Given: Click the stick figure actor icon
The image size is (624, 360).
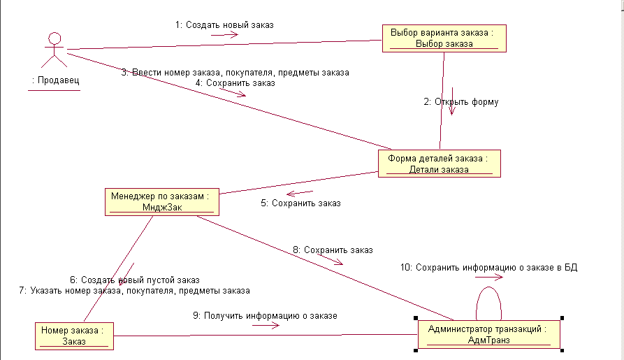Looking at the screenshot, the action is pos(53,49).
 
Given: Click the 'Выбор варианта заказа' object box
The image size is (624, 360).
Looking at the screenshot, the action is pos(443,38).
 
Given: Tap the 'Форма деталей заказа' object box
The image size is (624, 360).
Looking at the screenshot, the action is pos(439,164).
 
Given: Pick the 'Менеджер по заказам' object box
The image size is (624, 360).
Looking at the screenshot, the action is pos(160,201).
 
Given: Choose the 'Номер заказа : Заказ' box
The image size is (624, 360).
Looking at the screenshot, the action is pos(73,336).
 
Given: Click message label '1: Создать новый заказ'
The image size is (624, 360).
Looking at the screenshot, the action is pos(224,24).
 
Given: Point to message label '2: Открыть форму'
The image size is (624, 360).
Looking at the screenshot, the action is pos(461,102).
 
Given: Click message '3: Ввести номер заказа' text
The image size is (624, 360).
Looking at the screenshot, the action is pos(235,72).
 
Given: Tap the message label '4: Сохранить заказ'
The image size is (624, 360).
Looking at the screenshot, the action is pos(235,82).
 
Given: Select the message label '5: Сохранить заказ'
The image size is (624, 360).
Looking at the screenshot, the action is pos(300,203).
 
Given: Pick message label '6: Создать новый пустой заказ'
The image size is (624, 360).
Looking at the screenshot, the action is pos(134,280).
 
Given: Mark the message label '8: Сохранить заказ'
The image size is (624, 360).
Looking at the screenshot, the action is pos(333,250).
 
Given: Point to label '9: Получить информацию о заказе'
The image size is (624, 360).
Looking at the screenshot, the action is pos(265,315).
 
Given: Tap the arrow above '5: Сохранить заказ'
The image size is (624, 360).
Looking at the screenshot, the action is pos(300,193).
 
